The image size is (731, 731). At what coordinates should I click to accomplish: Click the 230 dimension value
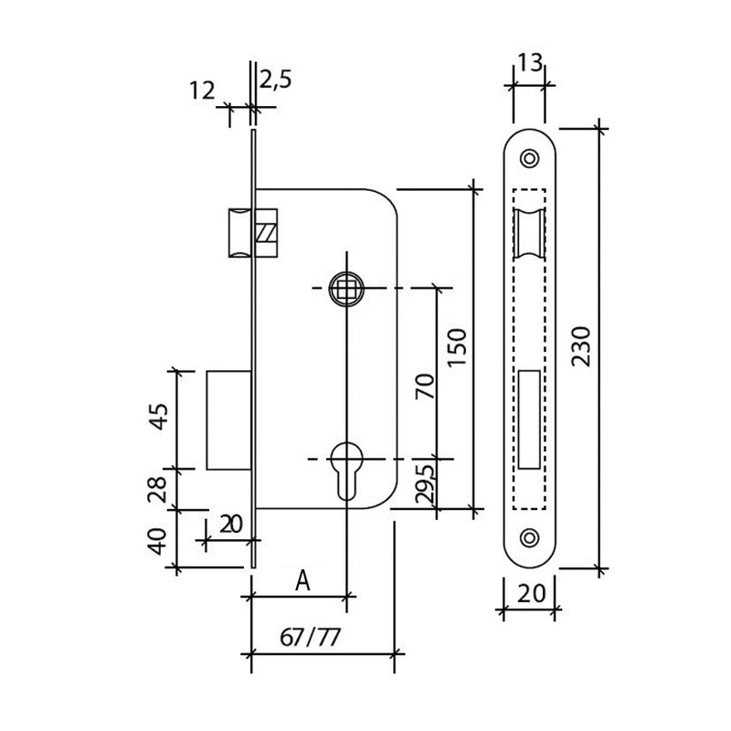point(581,346)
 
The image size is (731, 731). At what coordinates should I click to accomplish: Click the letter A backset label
point(302,580)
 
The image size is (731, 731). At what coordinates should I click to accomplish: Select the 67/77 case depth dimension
point(311,637)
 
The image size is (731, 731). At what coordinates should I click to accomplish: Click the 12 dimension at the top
point(202,90)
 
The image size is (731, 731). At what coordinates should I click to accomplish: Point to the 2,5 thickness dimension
point(275,79)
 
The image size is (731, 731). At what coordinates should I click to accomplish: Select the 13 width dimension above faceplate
point(530,62)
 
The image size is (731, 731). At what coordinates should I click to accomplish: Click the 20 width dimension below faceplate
point(531,594)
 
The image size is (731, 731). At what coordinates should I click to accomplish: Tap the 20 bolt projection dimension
point(231,524)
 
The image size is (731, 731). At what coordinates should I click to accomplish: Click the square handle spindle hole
point(347,288)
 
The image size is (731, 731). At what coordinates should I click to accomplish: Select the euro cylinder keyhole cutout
point(347,466)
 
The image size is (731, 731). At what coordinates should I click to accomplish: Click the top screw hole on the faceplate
point(529,158)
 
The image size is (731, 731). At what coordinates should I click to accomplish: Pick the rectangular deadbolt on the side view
point(228,419)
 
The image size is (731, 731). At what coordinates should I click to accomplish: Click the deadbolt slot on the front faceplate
point(529,419)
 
